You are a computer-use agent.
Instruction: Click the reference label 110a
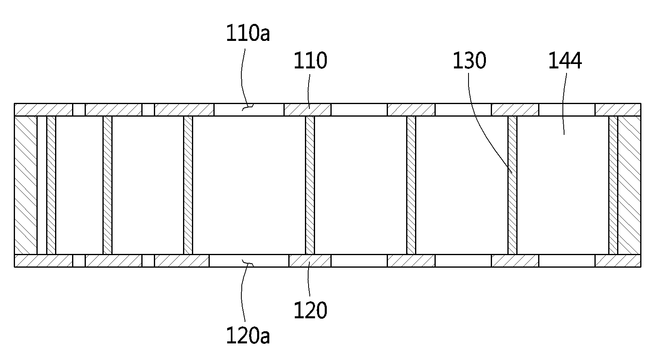[x=248, y=33]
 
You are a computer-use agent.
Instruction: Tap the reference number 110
[x=310, y=61]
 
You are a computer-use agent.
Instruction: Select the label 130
[x=469, y=61]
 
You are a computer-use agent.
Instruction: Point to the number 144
[x=565, y=61]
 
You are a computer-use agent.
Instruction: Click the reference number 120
[x=310, y=311]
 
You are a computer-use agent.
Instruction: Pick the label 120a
[x=248, y=336]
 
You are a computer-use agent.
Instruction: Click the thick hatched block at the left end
[x=26, y=185]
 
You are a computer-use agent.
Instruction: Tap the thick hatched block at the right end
[x=629, y=185]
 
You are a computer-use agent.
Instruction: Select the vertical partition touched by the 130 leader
[x=512, y=185]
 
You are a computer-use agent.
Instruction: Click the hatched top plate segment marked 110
[x=307, y=110]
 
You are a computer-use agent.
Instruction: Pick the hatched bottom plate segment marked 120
[x=310, y=261]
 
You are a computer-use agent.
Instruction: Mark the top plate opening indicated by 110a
[x=249, y=110]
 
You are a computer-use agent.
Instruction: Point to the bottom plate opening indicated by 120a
[x=249, y=261]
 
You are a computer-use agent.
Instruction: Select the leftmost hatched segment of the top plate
[x=43, y=110]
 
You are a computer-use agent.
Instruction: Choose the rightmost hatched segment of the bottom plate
[x=618, y=261]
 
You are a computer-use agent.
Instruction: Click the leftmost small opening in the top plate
[x=79, y=110]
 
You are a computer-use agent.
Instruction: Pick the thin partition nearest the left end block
[x=51, y=185]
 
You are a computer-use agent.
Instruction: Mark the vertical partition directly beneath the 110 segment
[x=310, y=185]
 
